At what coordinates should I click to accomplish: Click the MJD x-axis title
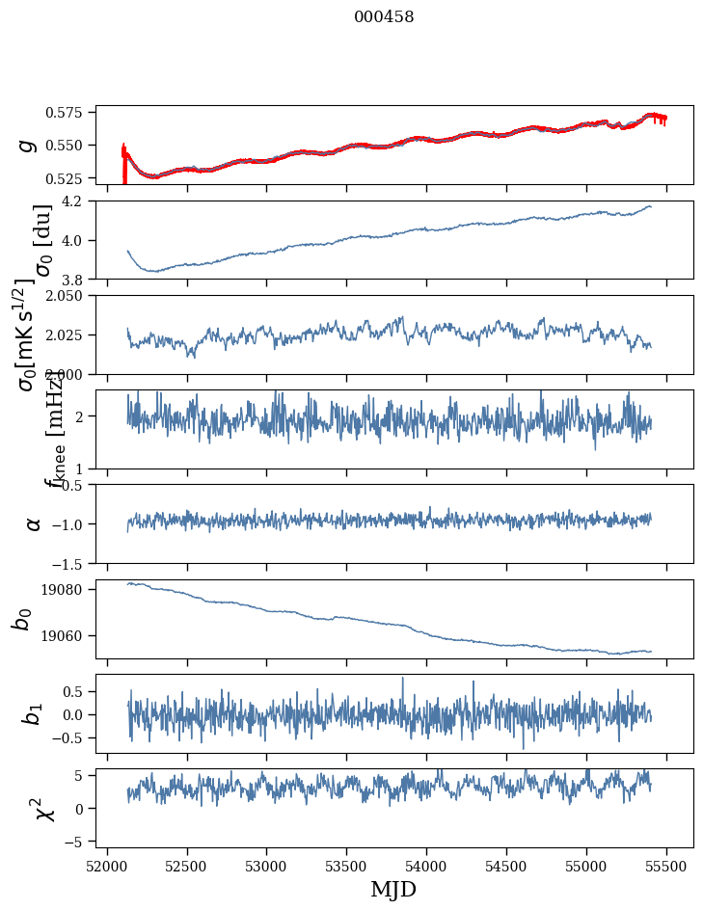(393, 889)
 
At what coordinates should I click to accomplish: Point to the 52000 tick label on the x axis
(107, 866)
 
